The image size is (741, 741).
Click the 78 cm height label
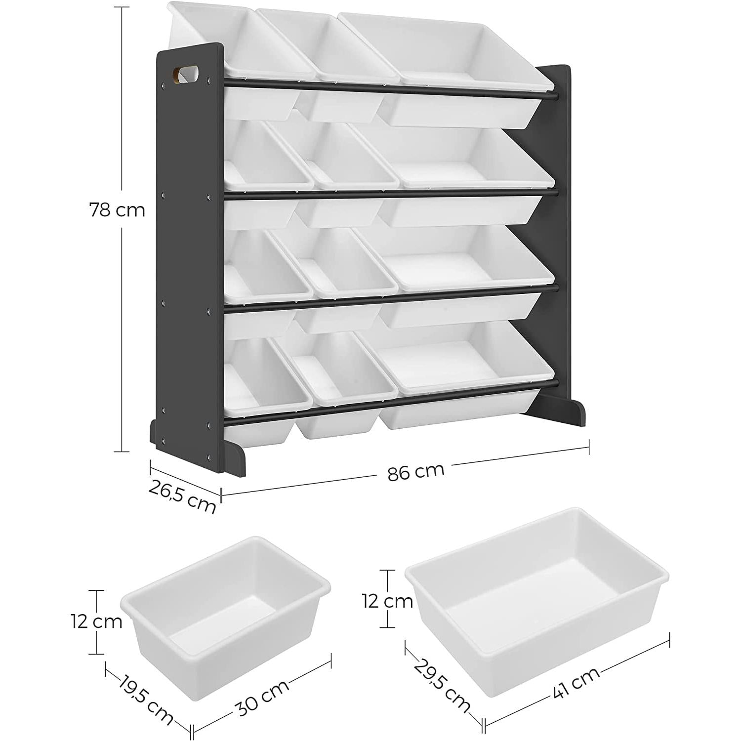coord(118,210)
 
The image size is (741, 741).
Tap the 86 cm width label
coord(416,471)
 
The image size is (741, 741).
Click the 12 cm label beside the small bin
coord(96,621)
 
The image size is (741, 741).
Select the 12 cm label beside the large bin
coord(387,601)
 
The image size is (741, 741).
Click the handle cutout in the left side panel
coord(185,74)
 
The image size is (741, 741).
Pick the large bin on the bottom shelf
coord(464,373)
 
